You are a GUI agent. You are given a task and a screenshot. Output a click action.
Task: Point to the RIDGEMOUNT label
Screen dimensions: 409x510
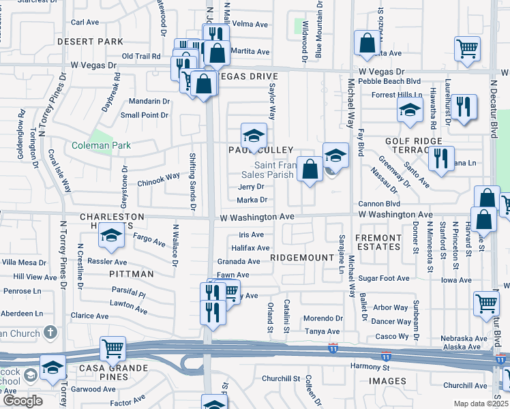(x=297, y=258)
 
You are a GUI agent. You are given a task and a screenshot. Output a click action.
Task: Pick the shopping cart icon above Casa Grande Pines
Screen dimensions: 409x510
(x=112, y=348)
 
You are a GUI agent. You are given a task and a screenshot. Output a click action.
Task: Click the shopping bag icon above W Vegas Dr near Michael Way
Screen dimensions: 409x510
(x=367, y=43)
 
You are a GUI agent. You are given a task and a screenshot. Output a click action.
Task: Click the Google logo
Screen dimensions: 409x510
(x=22, y=401)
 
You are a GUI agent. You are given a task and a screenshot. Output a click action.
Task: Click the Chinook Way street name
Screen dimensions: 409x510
(x=158, y=176)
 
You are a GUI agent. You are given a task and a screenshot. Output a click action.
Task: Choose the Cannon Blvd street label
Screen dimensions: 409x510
(x=378, y=204)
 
